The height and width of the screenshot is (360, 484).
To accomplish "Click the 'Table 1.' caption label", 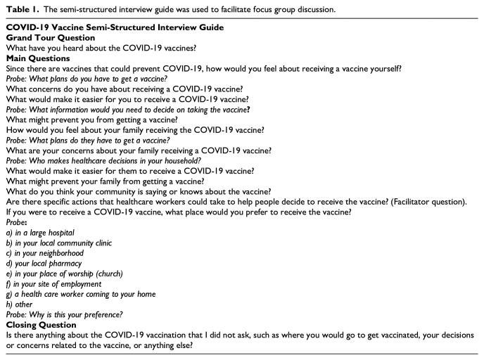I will click(21, 8).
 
